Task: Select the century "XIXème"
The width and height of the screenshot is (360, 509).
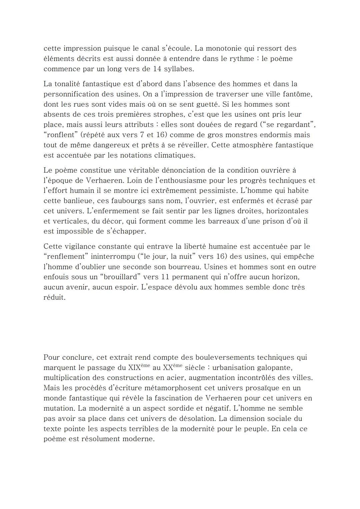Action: coord(139,368)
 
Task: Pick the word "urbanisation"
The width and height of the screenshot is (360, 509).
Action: coord(233,368)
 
